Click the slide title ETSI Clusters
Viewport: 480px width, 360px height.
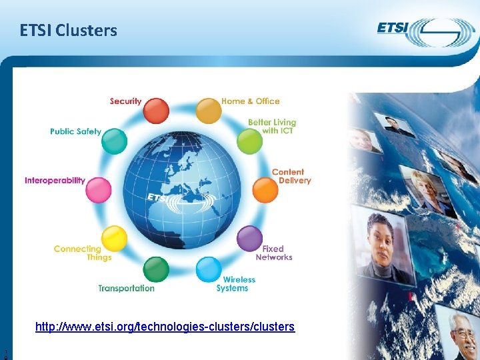coord(69,31)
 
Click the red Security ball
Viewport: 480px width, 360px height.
coord(157,111)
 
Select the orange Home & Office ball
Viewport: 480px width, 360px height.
coord(209,111)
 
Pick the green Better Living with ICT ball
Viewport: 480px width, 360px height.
coord(250,141)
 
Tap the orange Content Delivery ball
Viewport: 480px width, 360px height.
coord(266,190)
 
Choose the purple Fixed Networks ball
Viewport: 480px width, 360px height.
coord(250,238)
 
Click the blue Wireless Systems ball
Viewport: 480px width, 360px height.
coord(209,269)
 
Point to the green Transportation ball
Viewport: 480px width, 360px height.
coord(157,269)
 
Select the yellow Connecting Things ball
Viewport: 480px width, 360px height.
coord(115,238)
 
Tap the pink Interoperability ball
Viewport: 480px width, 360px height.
coord(99,190)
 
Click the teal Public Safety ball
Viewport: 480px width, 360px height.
coord(115,141)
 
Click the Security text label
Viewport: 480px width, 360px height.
coord(125,101)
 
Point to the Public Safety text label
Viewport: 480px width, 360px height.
coord(75,131)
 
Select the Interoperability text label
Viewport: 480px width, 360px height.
coord(55,180)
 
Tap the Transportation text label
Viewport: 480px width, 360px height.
coord(126,288)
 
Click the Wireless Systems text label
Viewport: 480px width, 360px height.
coord(236,284)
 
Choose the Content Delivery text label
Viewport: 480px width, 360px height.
coord(291,176)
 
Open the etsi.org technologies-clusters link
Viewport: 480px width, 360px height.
coord(165,327)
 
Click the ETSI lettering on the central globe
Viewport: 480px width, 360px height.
coord(158,198)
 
